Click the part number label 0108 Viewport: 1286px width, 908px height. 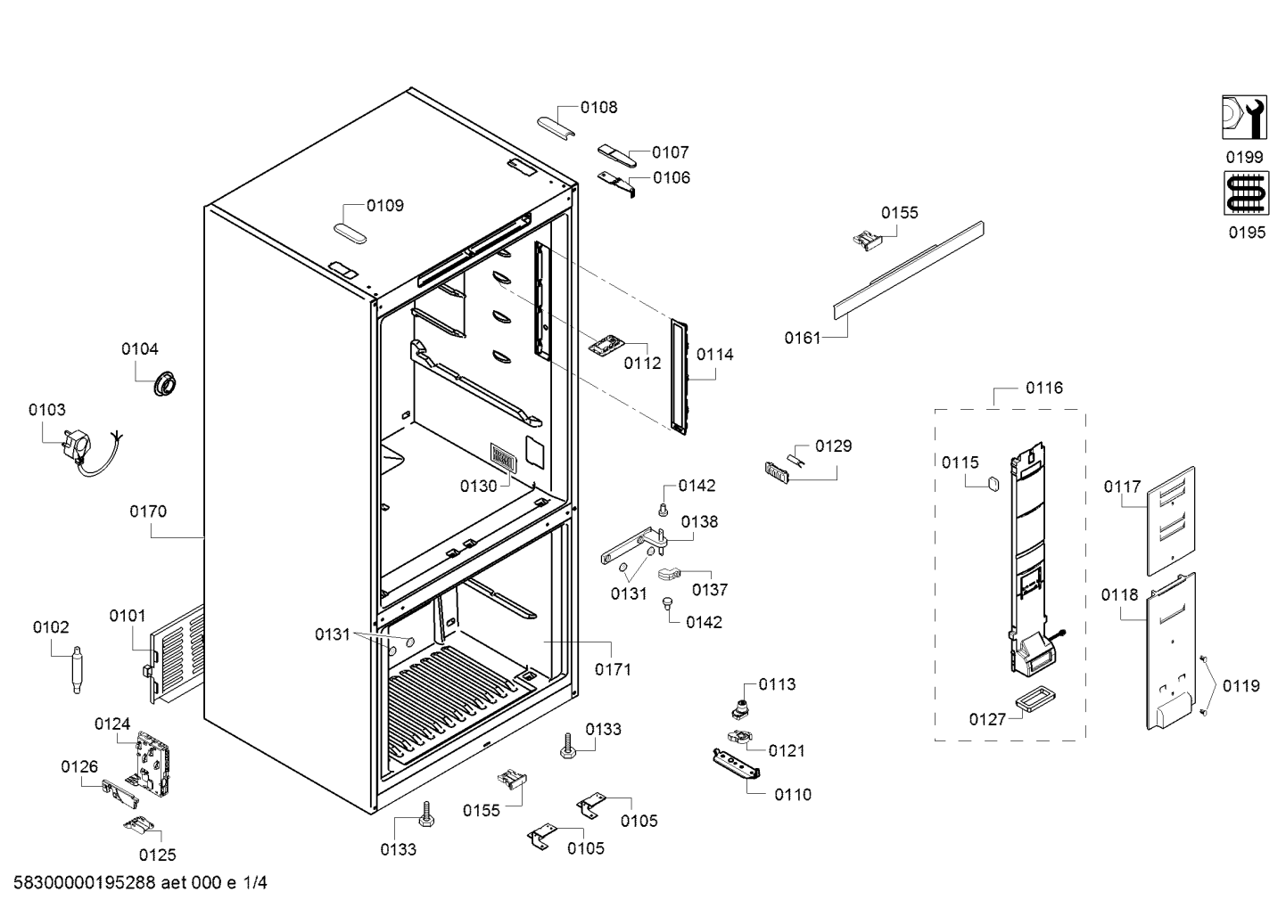[x=598, y=107]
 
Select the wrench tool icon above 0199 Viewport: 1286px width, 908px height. [x=1244, y=117]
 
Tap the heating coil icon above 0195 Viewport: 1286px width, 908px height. [x=1246, y=193]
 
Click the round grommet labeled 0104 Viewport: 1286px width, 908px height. [x=165, y=382]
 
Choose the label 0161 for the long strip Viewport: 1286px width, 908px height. [x=803, y=339]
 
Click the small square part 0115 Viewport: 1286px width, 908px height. [x=992, y=484]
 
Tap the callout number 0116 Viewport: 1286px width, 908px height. [x=1044, y=389]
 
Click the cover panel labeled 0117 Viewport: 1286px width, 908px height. [x=1171, y=520]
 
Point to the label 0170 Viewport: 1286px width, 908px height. [x=148, y=511]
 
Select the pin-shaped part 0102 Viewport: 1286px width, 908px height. [x=77, y=669]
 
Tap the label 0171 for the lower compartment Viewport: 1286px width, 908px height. [x=614, y=669]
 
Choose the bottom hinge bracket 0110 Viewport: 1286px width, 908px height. [x=737, y=764]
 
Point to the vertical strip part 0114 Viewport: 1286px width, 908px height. [x=680, y=377]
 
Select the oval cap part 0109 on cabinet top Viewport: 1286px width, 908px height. [x=350, y=234]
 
